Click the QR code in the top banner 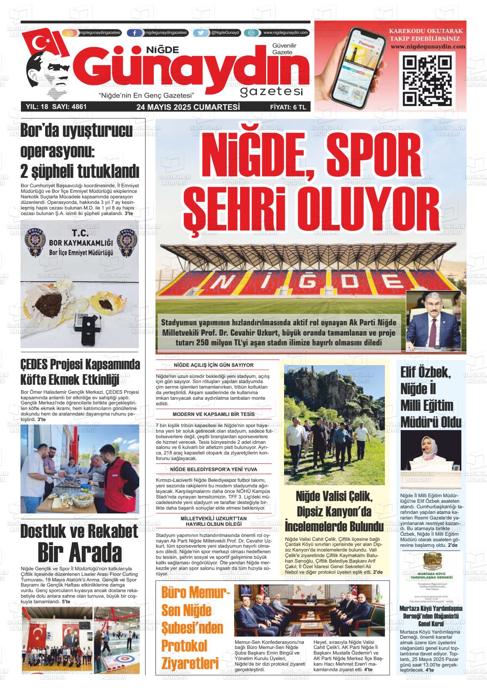[x=427, y=80]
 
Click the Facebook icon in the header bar [x=135, y=32]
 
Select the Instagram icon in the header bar [x=71, y=32]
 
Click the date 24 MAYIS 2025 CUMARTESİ [x=188, y=107]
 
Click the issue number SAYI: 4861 [x=69, y=107]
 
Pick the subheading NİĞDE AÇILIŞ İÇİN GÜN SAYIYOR [x=214, y=365]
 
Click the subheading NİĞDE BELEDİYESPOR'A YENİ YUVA [x=214, y=469]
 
